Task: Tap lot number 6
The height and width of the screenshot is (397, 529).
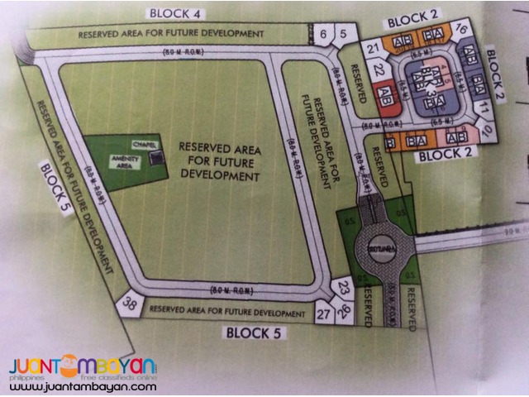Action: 322,33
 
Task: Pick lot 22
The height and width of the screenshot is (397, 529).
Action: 379,69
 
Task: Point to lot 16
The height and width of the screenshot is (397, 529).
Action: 461,30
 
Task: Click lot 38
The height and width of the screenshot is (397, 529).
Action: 129,305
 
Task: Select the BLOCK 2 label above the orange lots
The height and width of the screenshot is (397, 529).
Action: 412,12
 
